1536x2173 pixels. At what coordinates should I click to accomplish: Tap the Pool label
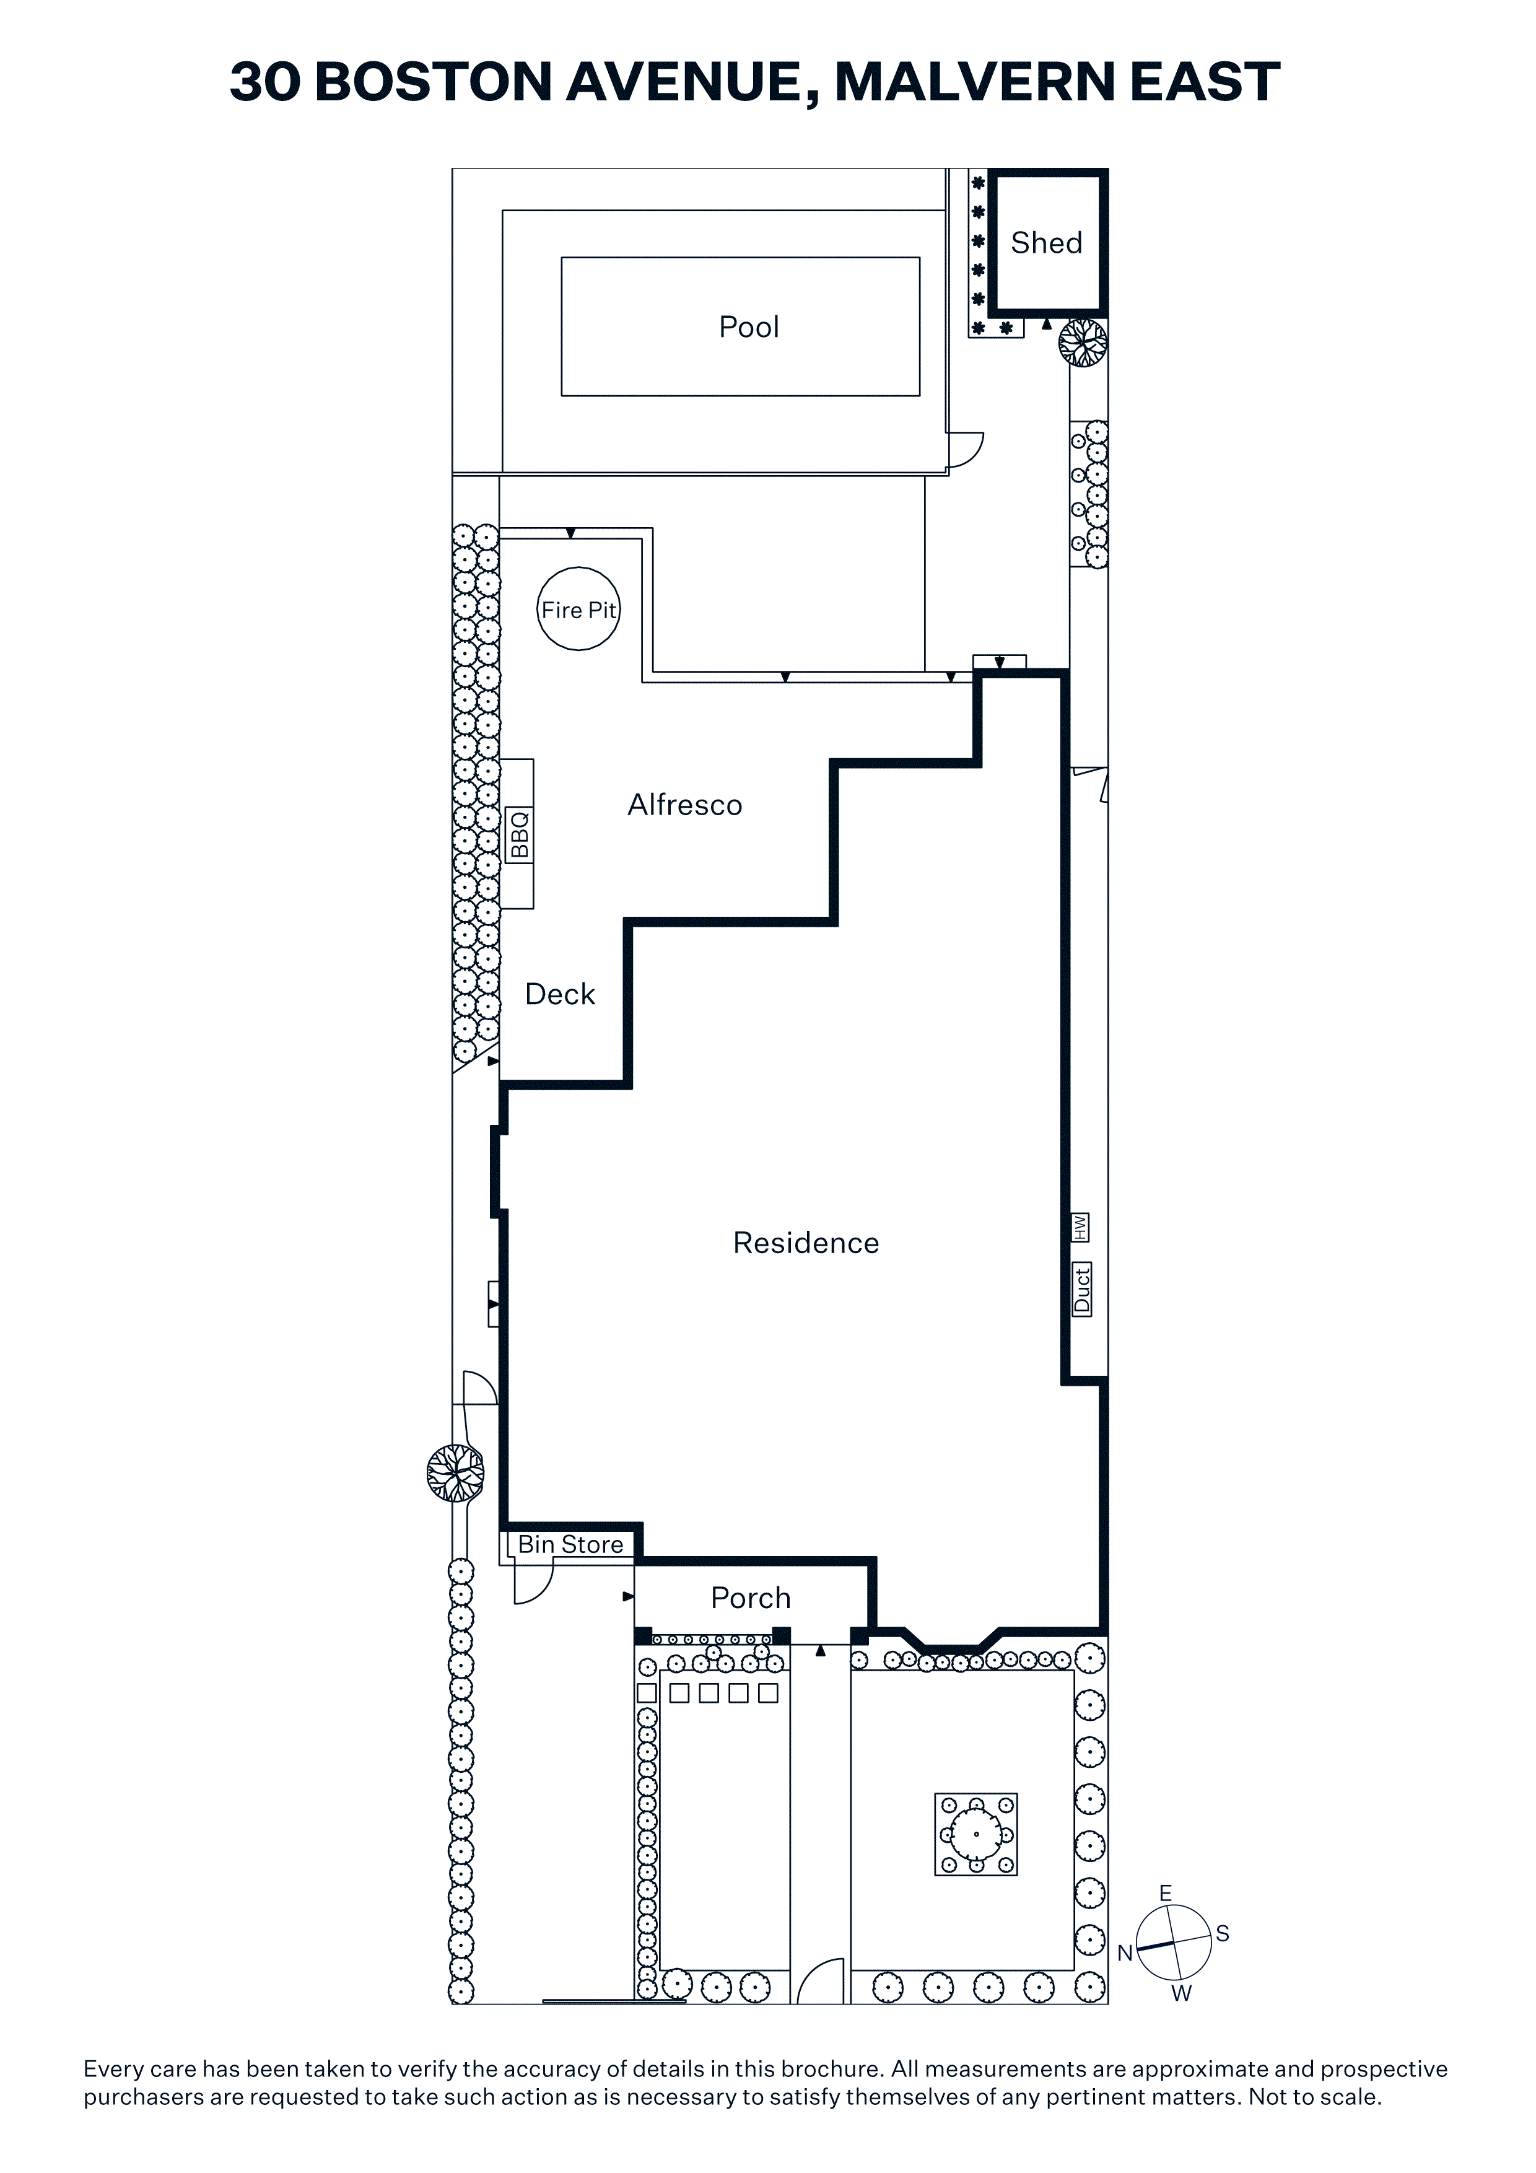coord(749,328)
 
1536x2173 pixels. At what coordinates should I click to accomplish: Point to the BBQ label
coord(518,834)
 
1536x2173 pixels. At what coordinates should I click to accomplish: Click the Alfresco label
coord(685,805)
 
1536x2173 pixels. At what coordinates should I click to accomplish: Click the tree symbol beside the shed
coord(1083,343)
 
